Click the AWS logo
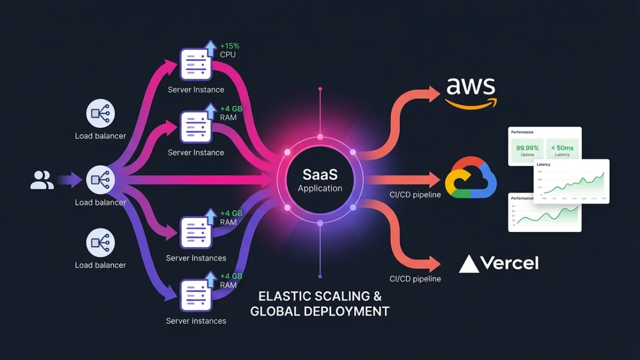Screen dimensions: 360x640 (x=471, y=92)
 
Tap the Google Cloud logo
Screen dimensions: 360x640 (x=470, y=179)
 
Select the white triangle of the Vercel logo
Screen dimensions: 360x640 (x=468, y=264)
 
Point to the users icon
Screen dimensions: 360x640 (x=42, y=180)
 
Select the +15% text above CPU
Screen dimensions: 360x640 (x=229, y=46)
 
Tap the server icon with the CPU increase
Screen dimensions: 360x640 (x=195, y=64)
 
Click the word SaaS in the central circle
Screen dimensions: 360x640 (x=320, y=174)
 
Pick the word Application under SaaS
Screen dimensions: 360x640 (x=320, y=188)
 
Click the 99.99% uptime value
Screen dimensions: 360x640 (x=527, y=148)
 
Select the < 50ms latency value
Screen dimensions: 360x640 (x=562, y=148)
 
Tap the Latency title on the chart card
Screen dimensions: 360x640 (x=543, y=164)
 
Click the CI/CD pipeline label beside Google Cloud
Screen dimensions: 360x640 (x=415, y=194)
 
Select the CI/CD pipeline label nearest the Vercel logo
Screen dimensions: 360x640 (x=415, y=279)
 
